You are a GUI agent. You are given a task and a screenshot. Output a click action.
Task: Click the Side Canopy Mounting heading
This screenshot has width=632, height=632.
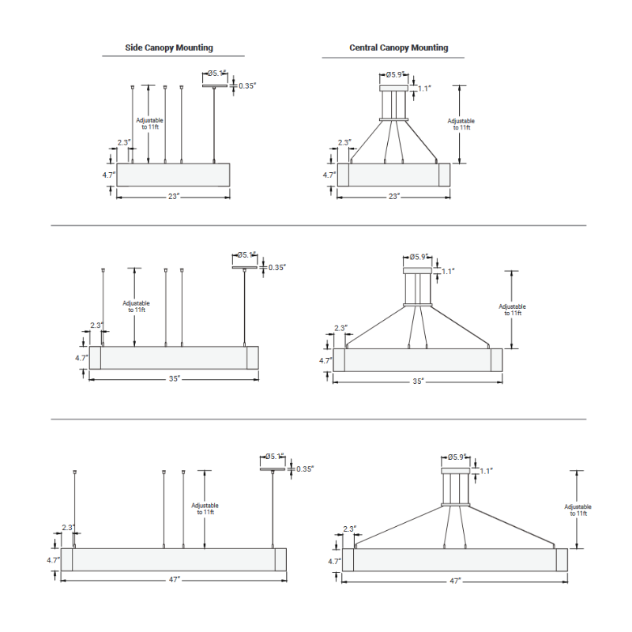(169, 48)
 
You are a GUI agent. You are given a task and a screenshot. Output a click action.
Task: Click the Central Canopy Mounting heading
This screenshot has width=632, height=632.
(399, 48)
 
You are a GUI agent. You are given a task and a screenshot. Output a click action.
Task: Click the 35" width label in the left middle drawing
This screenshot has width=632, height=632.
(175, 378)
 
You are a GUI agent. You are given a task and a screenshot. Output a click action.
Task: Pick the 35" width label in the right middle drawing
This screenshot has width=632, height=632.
(418, 381)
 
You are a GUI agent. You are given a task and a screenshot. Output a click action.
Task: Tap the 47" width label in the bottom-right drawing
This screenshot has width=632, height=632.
(454, 581)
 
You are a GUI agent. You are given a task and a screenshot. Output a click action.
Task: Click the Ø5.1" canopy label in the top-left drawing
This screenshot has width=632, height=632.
(216, 74)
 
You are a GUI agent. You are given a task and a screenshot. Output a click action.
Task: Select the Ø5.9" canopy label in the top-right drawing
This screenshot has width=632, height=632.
(395, 75)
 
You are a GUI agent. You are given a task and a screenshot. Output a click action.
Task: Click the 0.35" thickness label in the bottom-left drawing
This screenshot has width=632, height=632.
(305, 468)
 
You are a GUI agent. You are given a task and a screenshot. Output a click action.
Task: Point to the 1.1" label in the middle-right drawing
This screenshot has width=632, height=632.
(449, 271)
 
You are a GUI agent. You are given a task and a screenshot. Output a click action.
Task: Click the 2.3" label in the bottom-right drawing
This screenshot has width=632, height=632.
(349, 529)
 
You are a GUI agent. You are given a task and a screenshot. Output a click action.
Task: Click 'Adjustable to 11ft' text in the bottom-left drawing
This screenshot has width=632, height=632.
(205, 509)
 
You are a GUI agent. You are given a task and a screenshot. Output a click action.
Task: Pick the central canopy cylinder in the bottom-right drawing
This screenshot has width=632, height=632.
(454, 485)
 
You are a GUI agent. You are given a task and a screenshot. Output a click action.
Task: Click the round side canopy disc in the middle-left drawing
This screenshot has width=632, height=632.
(246, 266)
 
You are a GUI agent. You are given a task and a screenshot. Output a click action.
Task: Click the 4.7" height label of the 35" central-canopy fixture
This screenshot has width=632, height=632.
(325, 360)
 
